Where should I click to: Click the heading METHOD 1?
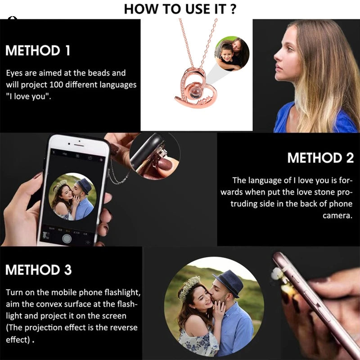(x=38, y=50)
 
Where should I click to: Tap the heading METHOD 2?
(x=320, y=158)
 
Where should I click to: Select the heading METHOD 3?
(x=38, y=270)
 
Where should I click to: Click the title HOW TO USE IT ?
(x=180, y=9)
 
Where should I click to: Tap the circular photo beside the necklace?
(x=232, y=54)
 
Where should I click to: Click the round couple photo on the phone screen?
(x=72, y=197)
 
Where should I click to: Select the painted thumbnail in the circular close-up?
(x=165, y=164)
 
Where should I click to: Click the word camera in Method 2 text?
(x=337, y=216)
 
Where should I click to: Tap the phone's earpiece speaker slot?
(x=79, y=145)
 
